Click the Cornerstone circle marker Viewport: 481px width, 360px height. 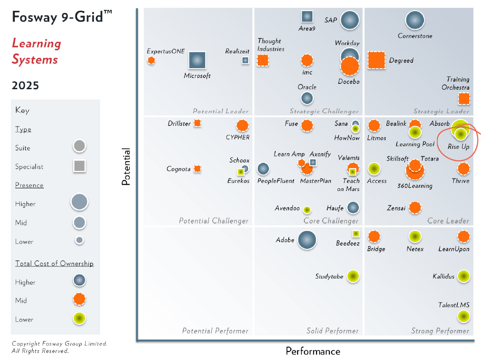[x=415, y=20]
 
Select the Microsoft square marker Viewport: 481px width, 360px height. [x=197, y=61]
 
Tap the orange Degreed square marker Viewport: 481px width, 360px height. [x=376, y=60]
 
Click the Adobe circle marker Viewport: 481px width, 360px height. [x=307, y=240]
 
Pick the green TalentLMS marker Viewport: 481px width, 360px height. [x=464, y=316]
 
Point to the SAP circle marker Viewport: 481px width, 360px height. [x=350, y=20]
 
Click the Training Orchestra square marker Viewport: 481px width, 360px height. [x=464, y=99]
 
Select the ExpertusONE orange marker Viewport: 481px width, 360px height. [x=152, y=60]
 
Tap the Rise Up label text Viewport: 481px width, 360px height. [x=458, y=147]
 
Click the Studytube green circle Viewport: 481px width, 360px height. [x=353, y=277]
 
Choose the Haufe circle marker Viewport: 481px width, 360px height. [x=353, y=208]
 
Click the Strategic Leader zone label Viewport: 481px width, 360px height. [x=441, y=111]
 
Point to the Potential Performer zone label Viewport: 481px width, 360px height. [x=215, y=331]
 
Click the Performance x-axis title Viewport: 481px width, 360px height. [x=313, y=351]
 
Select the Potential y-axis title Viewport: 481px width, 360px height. [x=126, y=167]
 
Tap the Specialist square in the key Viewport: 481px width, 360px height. [x=79, y=166]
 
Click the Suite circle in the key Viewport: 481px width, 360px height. [x=79, y=146]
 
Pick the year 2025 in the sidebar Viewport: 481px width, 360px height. [x=26, y=85]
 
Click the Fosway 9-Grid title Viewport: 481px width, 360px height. [x=62, y=17]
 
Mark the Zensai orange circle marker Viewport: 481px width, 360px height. [x=415, y=208]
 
